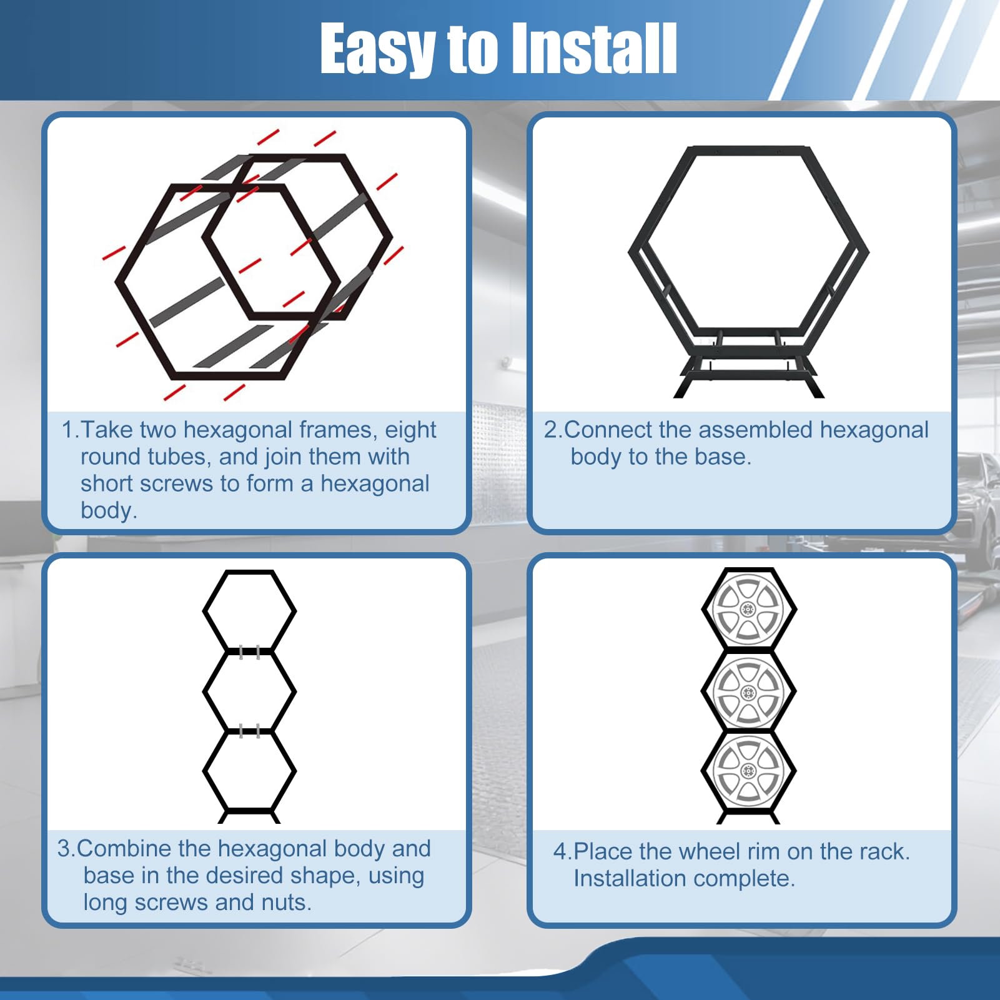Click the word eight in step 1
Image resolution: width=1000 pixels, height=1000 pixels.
click(x=410, y=430)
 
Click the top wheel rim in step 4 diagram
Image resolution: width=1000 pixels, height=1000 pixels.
click(x=748, y=610)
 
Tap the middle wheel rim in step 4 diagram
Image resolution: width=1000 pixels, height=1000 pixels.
click(x=748, y=692)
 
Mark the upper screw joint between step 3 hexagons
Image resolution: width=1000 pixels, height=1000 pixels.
click(x=249, y=652)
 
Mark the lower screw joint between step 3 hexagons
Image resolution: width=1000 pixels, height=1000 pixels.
click(x=249, y=731)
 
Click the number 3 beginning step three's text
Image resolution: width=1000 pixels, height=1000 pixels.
click(x=64, y=849)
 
